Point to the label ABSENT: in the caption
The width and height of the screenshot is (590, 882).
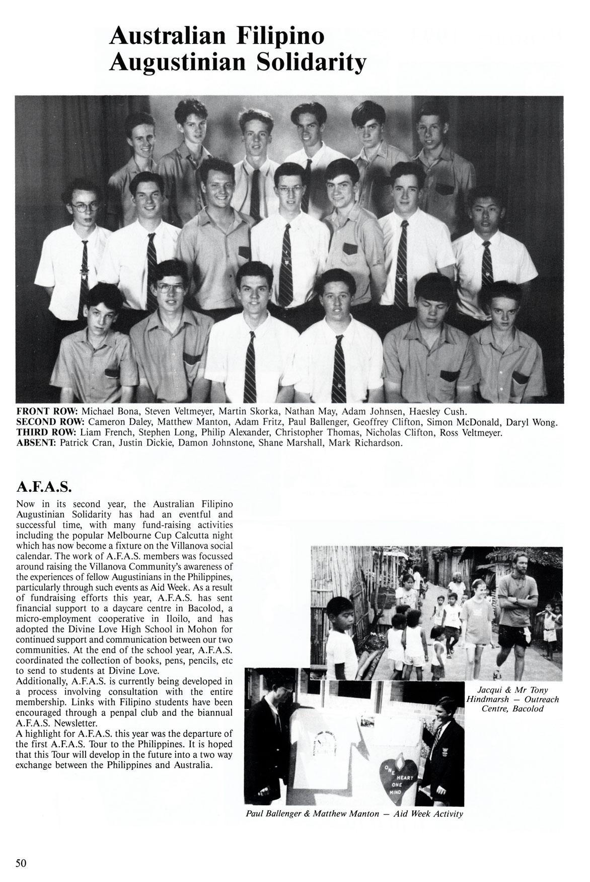[x=37, y=443]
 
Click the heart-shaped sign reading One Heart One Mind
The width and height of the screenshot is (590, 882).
[x=398, y=777]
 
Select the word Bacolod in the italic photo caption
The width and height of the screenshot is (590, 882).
[x=527, y=709]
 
